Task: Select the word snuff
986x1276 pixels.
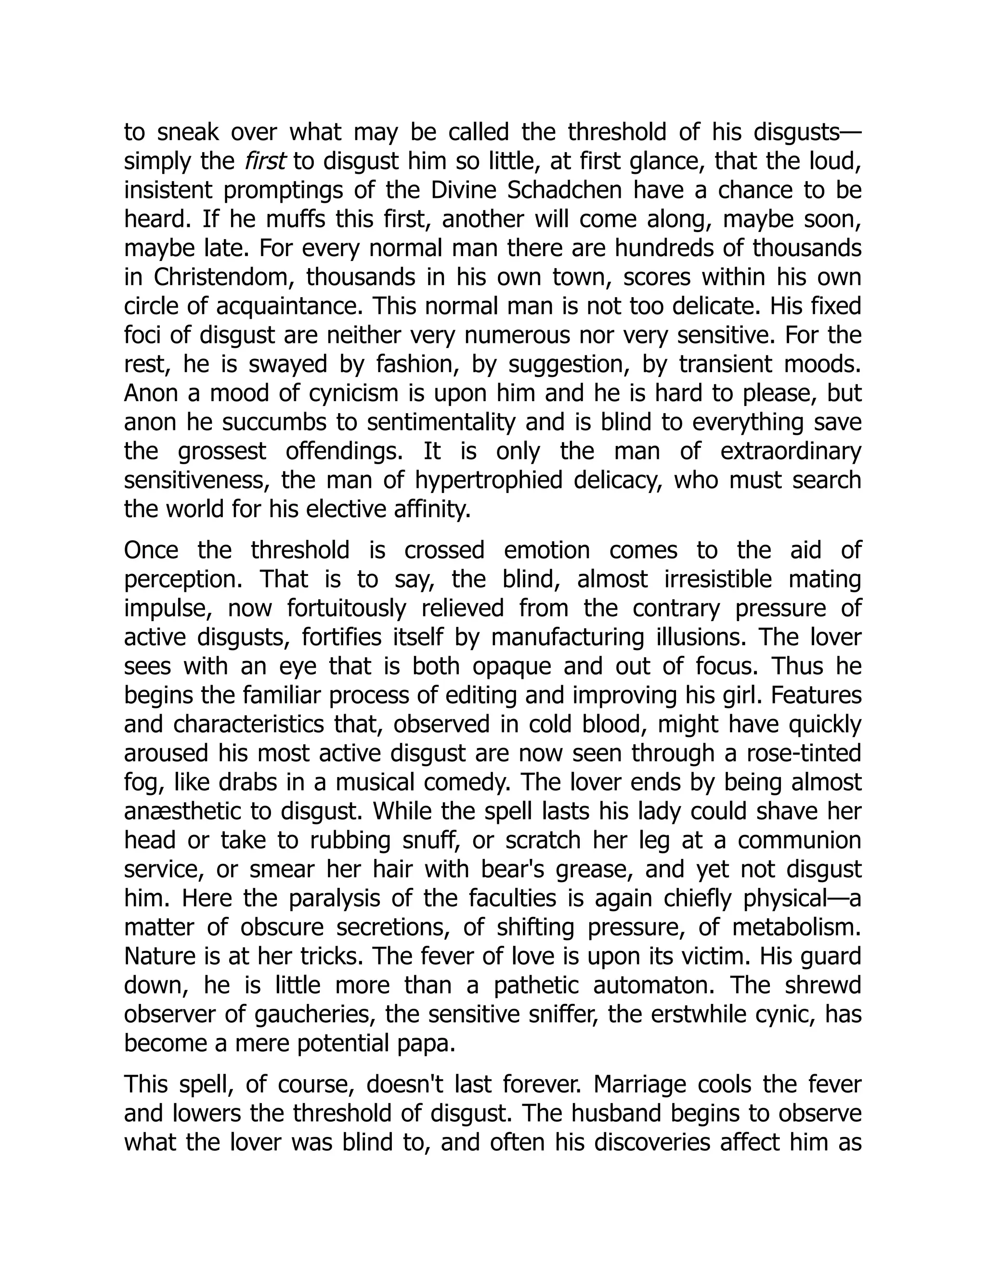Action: pyautogui.click(x=430, y=841)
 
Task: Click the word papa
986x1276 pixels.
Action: pyautogui.click(x=430, y=1044)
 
